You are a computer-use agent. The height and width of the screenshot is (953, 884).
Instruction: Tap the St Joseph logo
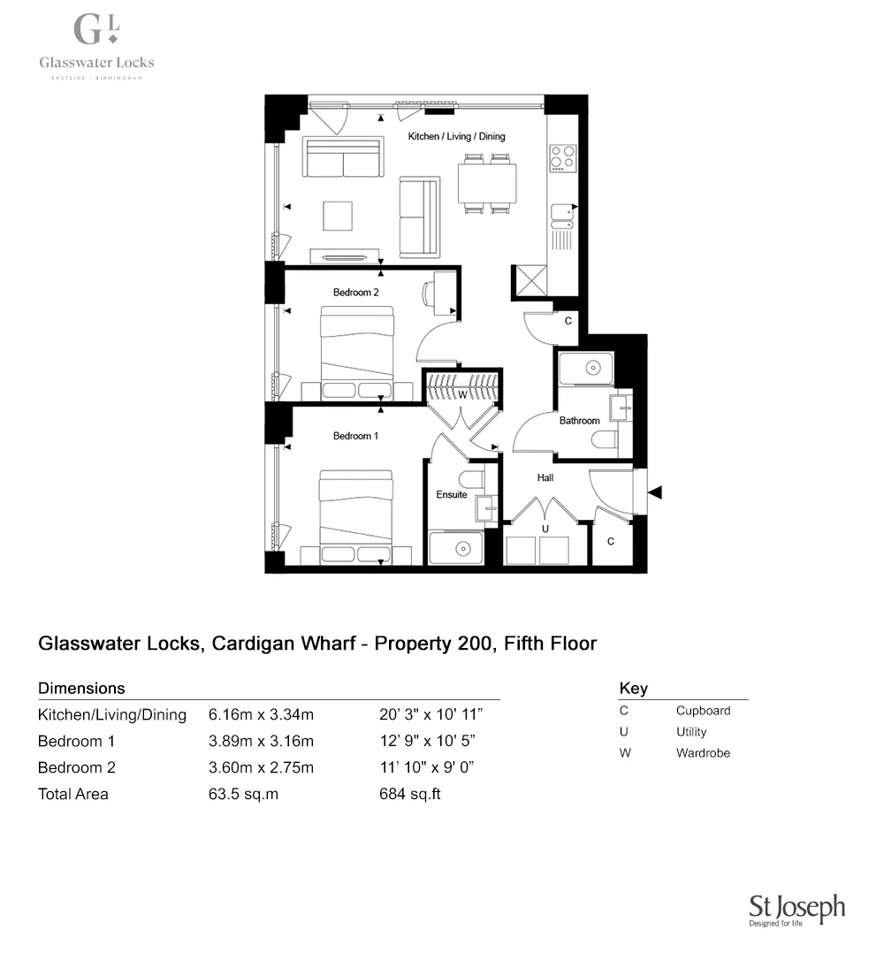click(x=796, y=910)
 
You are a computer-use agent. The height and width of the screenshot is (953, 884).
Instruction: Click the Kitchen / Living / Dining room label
click(x=456, y=137)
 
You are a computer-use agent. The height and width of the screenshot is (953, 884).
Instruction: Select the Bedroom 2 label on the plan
click(x=356, y=292)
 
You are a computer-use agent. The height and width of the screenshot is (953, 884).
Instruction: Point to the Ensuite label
click(x=452, y=494)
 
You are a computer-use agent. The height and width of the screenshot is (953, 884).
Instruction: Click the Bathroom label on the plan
click(x=579, y=421)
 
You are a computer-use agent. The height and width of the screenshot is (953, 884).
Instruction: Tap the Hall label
click(x=545, y=477)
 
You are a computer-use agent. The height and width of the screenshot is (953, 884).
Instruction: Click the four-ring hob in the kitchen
click(x=562, y=157)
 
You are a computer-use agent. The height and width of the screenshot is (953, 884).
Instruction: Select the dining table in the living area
click(x=487, y=184)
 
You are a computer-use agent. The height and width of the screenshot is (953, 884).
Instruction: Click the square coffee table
click(x=338, y=216)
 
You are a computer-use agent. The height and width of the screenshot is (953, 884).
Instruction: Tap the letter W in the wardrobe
click(x=462, y=395)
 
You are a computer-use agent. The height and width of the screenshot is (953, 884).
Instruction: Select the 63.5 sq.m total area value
click(x=243, y=794)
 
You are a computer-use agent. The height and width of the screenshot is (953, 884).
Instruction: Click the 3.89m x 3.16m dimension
click(x=261, y=741)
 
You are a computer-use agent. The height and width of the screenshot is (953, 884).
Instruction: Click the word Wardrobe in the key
click(x=703, y=753)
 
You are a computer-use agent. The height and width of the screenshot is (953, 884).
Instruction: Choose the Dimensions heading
click(x=81, y=688)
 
